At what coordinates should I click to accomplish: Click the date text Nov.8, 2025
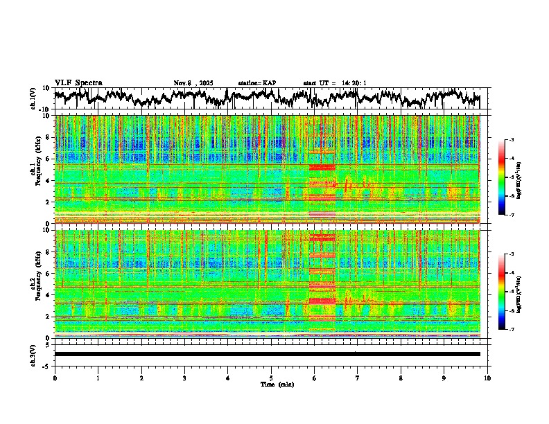pyautogui.click(x=193, y=83)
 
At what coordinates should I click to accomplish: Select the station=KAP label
pyautogui.click(x=256, y=83)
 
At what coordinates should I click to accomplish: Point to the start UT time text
pyautogui.click(x=335, y=83)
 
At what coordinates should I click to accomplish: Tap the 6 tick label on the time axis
pyautogui.click(x=314, y=378)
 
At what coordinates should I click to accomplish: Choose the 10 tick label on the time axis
pyautogui.click(x=487, y=378)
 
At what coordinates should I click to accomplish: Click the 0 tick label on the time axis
pyautogui.click(x=55, y=378)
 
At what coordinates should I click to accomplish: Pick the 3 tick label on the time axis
pyautogui.click(x=184, y=378)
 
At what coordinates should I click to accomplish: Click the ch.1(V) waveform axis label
pyautogui.click(x=33, y=99)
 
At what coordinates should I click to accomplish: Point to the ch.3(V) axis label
pyautogui.click(x=33, y=354)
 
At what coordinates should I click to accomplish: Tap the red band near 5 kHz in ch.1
pyautogui.click(x=322, y=167)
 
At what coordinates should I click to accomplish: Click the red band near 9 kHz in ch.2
pyautogui.click(x=322, y=238)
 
